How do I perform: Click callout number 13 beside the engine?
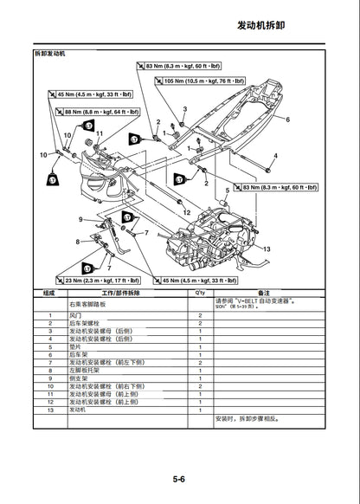click(x=267, y=249)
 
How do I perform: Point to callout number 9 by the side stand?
click(x=80, y=220)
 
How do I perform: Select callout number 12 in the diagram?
click(x=187, y=212)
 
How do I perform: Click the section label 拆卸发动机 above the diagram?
click(x=48, y=54)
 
